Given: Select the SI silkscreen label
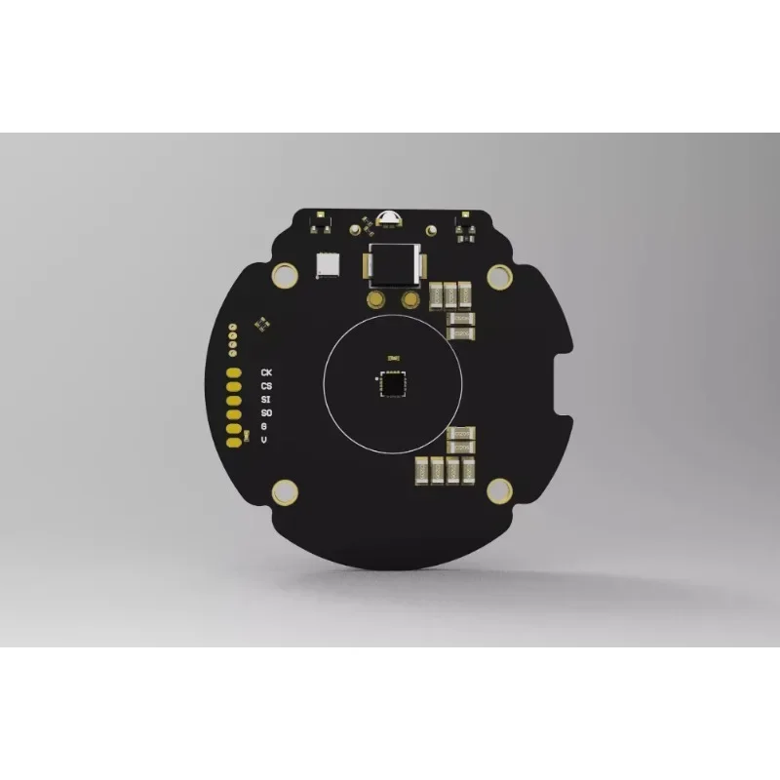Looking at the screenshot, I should [266, 400].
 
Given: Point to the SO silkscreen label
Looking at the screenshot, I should [266, 413].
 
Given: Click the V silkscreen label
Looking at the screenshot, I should [264, 440].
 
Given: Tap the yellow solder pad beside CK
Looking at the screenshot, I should [234, 372].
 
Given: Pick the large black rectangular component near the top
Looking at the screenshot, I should [391, 266].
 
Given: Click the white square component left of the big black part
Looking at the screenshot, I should [327, 265].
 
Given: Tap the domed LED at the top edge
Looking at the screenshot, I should [384, 217].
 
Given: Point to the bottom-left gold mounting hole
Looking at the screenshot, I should [284, 490].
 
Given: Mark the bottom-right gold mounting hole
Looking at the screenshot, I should [498, 490].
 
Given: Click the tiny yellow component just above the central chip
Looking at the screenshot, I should [390, 358].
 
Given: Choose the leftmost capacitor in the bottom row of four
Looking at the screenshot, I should [423, 470].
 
